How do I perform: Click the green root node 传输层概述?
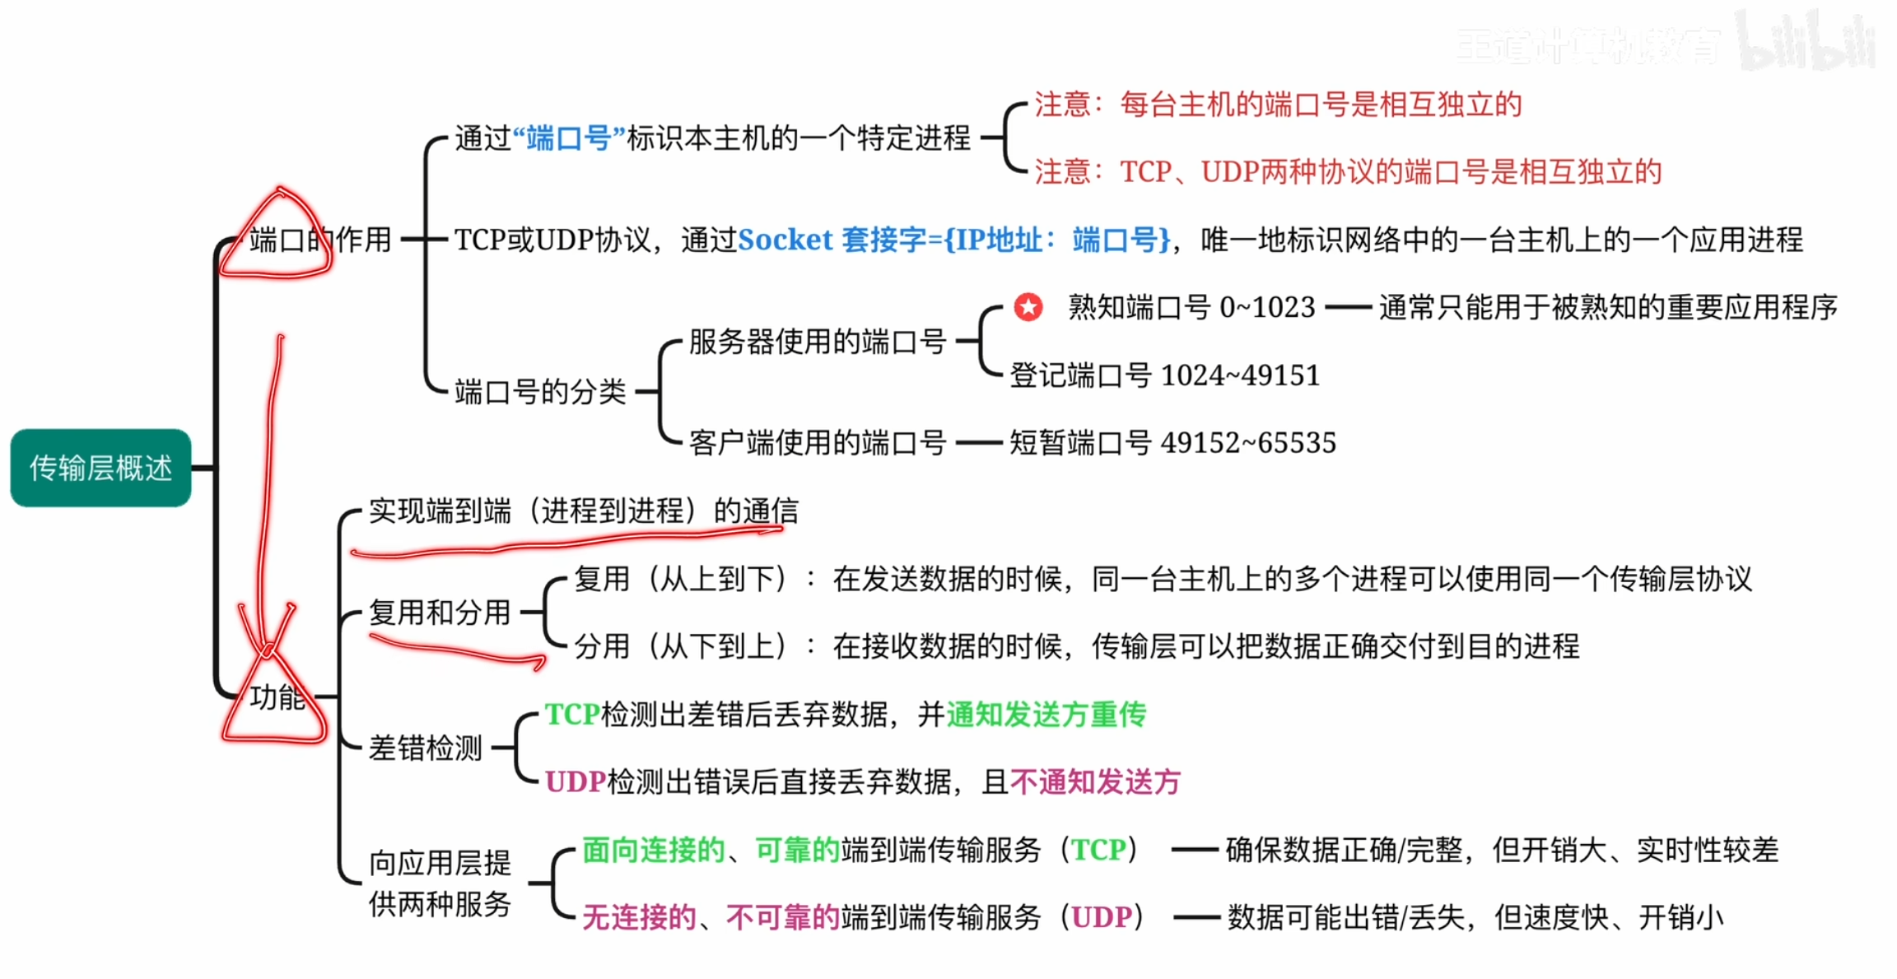point(100,468)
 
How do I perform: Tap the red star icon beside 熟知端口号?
point(1028,307)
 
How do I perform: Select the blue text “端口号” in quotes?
point(568,138)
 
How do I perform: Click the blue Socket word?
point(785,240)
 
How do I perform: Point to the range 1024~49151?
point(1240,375)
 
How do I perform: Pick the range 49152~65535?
point(1248,443)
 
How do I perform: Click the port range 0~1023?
point(1267,307)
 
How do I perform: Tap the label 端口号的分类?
point(540,392)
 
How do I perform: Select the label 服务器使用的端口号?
point(817,341)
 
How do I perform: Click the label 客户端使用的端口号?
point(817,443)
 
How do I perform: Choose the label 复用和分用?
point(440,613)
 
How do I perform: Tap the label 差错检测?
point(425,748)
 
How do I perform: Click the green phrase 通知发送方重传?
point(1046,715)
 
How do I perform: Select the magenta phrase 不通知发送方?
point(1095,782)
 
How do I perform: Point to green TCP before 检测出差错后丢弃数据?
point(572,715)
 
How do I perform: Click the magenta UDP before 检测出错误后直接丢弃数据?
point(576,782)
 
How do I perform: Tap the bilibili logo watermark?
point(1807,41)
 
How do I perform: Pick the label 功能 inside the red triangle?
point(277,697)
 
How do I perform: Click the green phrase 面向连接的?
point(653,850)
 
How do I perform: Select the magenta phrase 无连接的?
point(639,917)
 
